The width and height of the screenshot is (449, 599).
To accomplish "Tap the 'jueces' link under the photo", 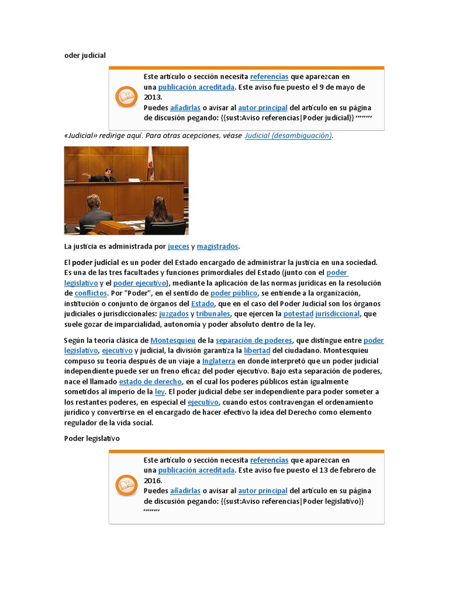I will pos(178,246).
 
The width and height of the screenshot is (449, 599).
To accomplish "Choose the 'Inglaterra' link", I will pos(219,361).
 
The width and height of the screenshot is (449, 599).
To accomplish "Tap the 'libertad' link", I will pos(257,350).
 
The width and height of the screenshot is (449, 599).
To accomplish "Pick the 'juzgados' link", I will pos(174,314).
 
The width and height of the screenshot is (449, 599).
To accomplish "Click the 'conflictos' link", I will pos(91,293).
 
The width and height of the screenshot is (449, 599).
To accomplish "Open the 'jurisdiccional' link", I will pos(337,314).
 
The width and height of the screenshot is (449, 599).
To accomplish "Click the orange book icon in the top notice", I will pos(126,97).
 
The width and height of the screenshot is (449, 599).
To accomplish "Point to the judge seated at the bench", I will pos(108,174).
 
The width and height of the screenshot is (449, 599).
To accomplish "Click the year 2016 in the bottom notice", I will pos(153,480).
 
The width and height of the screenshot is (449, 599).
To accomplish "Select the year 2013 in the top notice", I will pos(153,97).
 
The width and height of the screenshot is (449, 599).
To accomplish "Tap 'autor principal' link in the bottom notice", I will pos(263,491).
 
